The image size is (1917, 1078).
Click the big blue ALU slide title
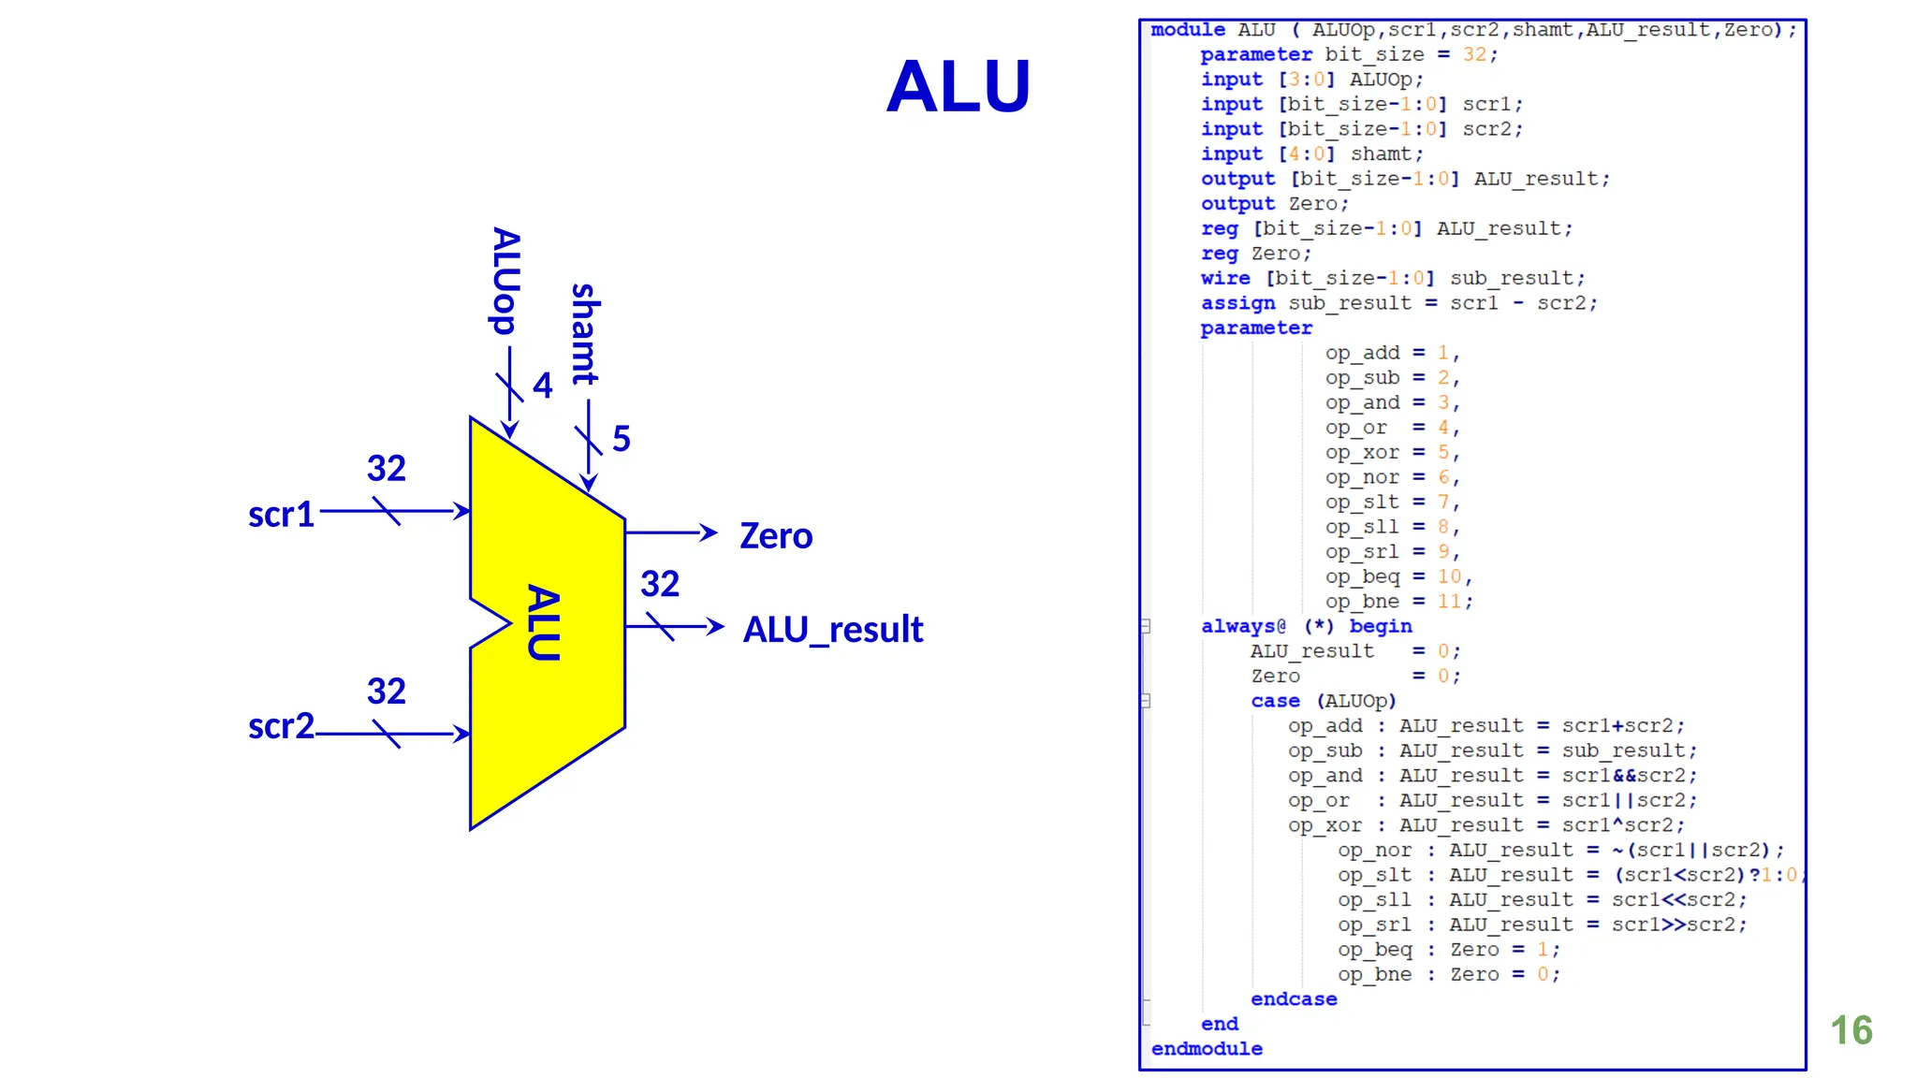pos(958,86)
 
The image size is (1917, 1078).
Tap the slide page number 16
pos(1851,1030)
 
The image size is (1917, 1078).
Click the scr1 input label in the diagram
pos(281,515)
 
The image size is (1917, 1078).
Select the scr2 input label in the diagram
pos(281,726)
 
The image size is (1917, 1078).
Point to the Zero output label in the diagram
pos(776,536)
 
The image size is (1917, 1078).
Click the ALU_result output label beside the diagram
pos(832,630)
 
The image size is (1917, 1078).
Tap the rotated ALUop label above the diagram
pos(505,281)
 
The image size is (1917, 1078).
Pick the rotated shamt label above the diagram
pos(585,334)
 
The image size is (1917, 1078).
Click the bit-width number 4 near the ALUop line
pos(543,386)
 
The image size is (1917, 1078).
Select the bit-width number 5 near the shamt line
pos(622,439)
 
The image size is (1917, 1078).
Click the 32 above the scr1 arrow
pos(386,469)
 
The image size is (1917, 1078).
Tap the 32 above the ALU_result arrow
pos(660,585)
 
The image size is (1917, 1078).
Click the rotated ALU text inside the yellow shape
pos(544,623)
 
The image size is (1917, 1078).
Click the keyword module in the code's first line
pos(1187,30)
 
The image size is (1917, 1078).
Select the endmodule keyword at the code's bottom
pos(1207,1049)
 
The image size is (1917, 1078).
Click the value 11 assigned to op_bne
pos(1449,602)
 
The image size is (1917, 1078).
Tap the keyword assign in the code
pos(1237,303)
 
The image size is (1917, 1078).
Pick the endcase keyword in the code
pos(1294,999)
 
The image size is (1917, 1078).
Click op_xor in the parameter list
pos(1362,453)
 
